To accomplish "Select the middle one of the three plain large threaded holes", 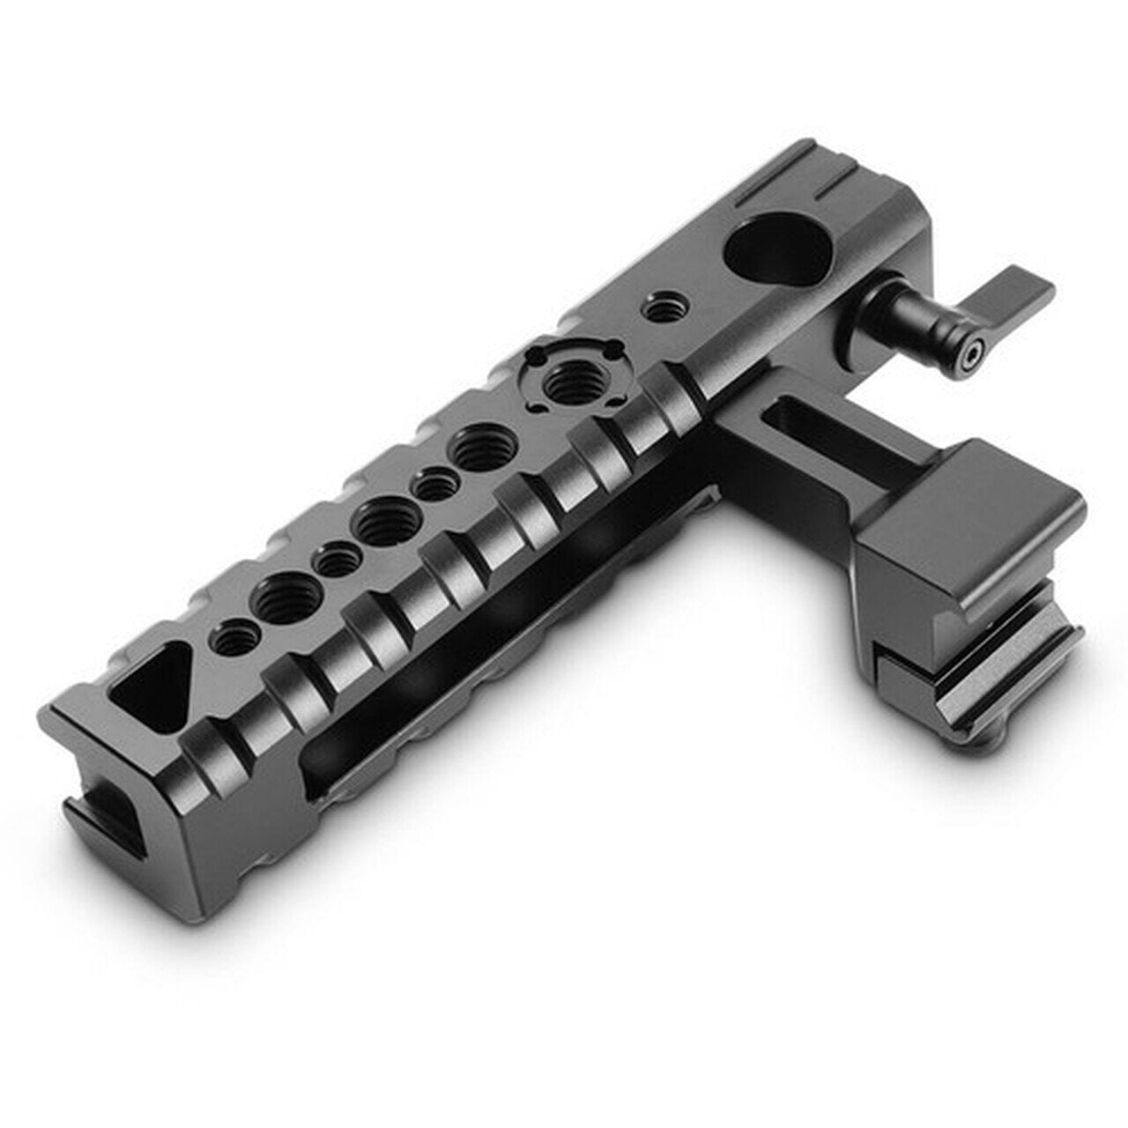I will [x=382, y=523].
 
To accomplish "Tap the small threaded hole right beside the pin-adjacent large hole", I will [x=435, y=484].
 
